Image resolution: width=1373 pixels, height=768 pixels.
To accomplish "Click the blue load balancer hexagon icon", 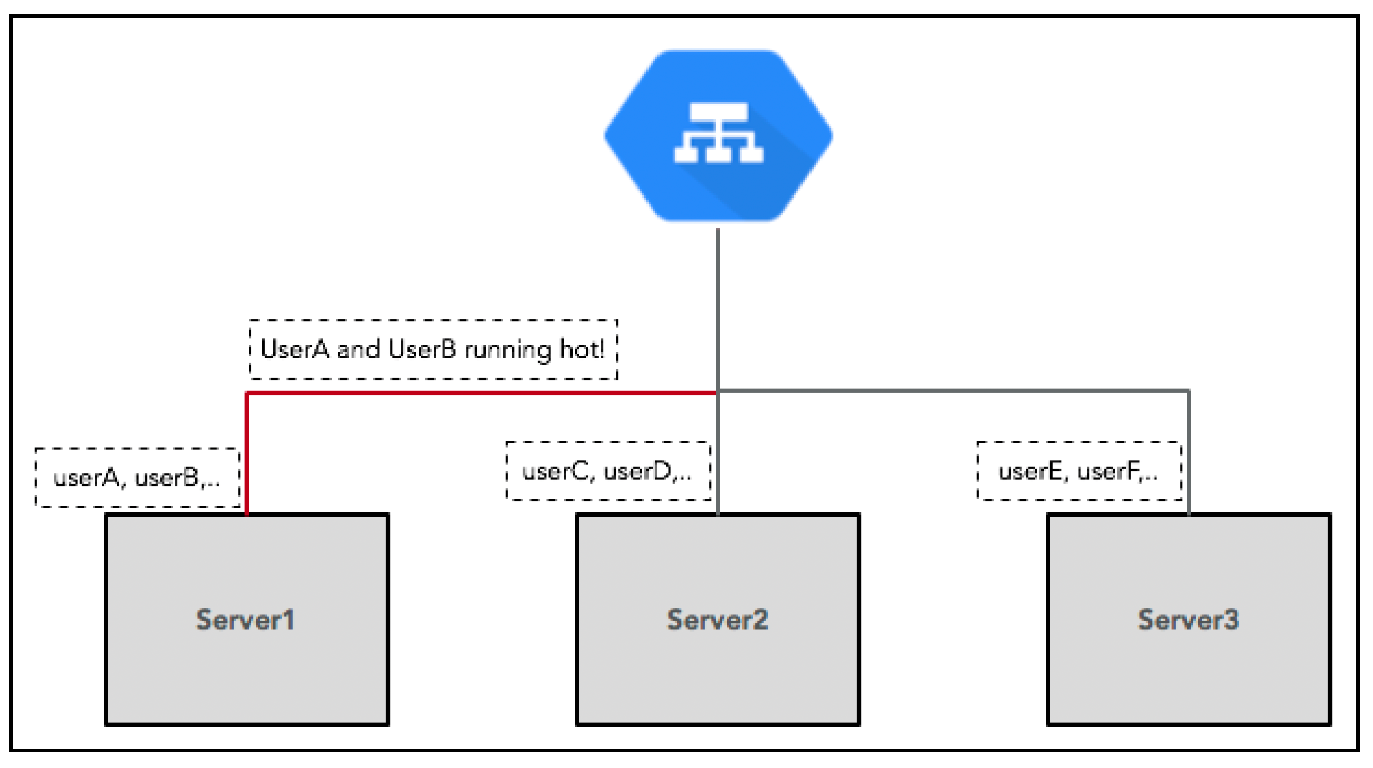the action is (718, 135).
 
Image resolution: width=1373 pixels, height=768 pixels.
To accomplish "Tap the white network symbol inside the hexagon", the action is (718, 133).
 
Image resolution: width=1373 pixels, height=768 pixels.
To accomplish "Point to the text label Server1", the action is (245, 620).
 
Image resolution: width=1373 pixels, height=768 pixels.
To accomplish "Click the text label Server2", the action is (718, 620).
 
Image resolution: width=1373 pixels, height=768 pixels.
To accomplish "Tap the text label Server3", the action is (1189, 620).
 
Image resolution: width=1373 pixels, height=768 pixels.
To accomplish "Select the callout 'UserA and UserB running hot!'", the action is (433, 349).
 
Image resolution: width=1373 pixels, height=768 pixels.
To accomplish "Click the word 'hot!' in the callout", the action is (582, 349).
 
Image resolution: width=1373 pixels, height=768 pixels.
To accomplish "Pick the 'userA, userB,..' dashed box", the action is (137, 477).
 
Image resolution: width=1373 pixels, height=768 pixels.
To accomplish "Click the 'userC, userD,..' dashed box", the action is (608, 471).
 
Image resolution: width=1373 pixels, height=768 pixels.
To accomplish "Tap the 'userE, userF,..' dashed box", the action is (1079, 471).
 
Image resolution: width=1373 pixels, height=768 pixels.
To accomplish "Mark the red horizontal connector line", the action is (482, 393).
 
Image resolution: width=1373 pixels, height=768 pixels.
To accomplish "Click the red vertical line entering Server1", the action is (247, 454).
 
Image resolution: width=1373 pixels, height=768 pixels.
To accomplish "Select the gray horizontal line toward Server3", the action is (954, 391).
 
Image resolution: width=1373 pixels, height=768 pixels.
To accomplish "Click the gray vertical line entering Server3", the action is (1189, 452).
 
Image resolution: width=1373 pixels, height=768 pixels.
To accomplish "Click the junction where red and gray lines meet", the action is (718, 392).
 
